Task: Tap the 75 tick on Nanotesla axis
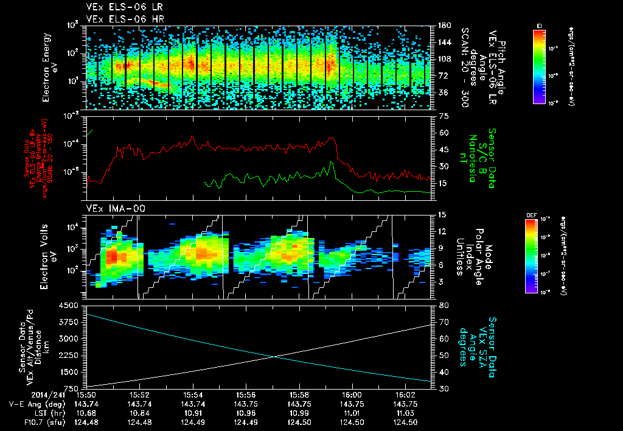(443, 116)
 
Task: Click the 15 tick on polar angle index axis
(443, 215)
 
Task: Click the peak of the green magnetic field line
(332, 163)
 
